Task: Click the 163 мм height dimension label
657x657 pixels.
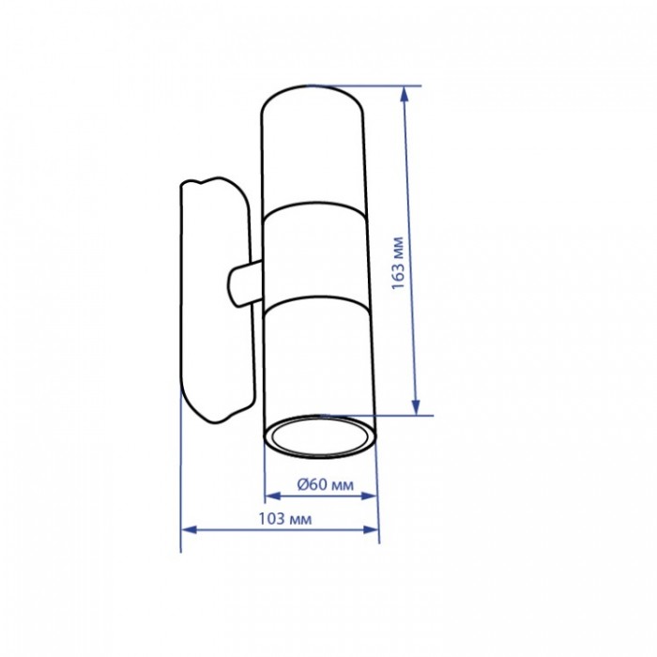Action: [x=398, y=263]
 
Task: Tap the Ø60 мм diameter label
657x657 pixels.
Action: [x=325, y=484]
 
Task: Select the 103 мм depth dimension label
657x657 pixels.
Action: [x=285, y=519]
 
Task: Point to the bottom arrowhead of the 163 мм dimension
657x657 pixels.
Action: [x=416, y=407]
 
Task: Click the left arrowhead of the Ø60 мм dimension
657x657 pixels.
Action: [x=273, y=497]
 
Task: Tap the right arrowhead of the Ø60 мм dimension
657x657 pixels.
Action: [x=368, y=497]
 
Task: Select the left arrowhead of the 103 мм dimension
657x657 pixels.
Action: [x=189, y=530]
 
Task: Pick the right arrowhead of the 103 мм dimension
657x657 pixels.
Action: [x=371, y=529]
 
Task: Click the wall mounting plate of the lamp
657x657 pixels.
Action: [x=217, y=299]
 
